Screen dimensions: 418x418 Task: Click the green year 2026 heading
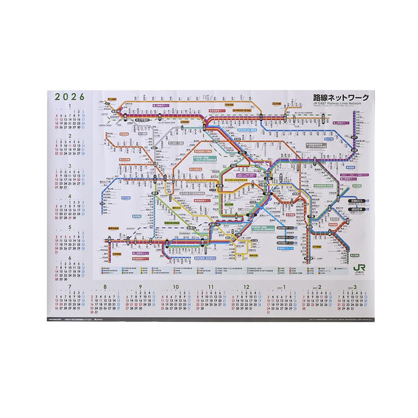point(69,96)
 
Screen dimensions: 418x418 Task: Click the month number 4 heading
point(69,196)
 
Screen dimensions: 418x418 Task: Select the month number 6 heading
point(69,257)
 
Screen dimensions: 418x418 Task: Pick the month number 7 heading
point(70,287)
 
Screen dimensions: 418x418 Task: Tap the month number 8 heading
point(105,287)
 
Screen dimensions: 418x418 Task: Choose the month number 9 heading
point(140,287)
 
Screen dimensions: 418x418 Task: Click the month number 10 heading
point(176,287)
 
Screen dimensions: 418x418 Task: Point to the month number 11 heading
point(211,287)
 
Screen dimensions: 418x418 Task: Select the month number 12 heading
point(246,287)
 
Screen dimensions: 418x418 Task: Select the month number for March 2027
point(355,287)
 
